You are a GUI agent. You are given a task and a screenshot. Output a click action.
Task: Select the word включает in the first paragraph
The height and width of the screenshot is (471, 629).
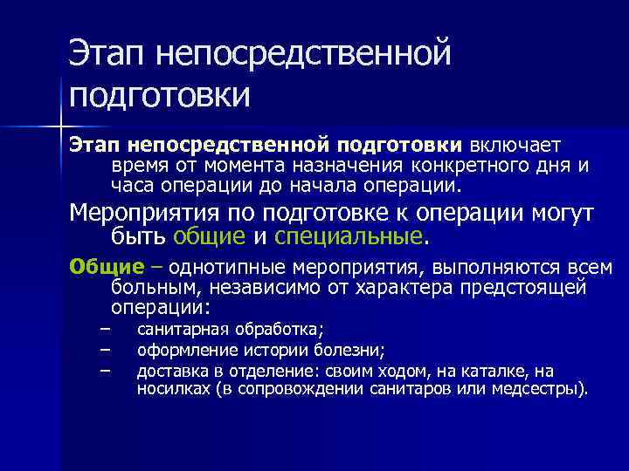coord(519,143)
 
